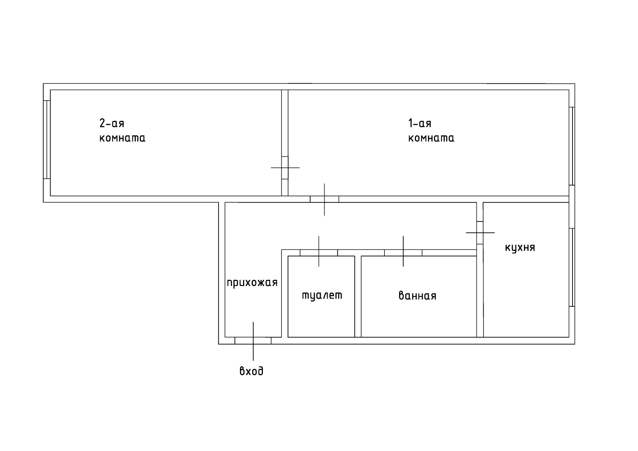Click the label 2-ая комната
point(122,131)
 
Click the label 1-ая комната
point(431,131)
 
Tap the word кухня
point(520,248)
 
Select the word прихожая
point(252,283)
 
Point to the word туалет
point(322,295)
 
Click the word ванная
point(417,296)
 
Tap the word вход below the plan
point(251,371)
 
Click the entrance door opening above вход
point(253,340)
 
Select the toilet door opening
point(319,253)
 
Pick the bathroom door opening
point(403,253)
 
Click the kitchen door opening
point(480,232)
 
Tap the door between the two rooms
point(285,168)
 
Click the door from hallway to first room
point(324,199)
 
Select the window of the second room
point(47,139)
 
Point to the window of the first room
point(572,146)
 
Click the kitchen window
point(572,267)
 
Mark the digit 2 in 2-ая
point(102,123)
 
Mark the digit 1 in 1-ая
point(410,123)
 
